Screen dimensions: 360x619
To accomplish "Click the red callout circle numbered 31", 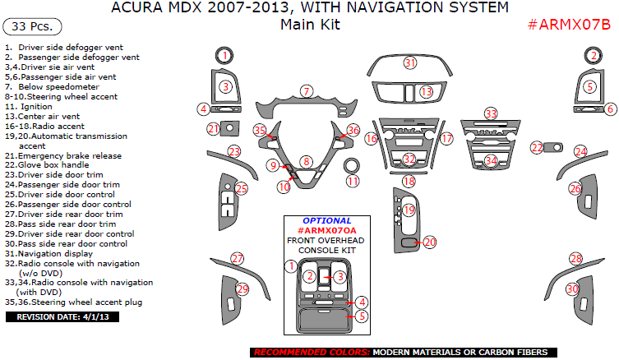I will click(x=410, y=63).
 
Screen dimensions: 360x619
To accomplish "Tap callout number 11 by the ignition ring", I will click(x=353, y=181).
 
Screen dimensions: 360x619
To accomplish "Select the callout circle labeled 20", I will click(x=428, y=242).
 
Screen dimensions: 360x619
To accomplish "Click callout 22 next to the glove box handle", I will click(x=537, y=147).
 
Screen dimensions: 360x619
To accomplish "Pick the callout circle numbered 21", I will click(x=213, y=128).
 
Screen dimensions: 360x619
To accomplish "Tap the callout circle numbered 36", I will click(x=353, y=130).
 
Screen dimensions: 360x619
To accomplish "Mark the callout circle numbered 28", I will click(x=575, y=259).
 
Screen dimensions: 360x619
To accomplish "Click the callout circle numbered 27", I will click(x=237, y=259).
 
